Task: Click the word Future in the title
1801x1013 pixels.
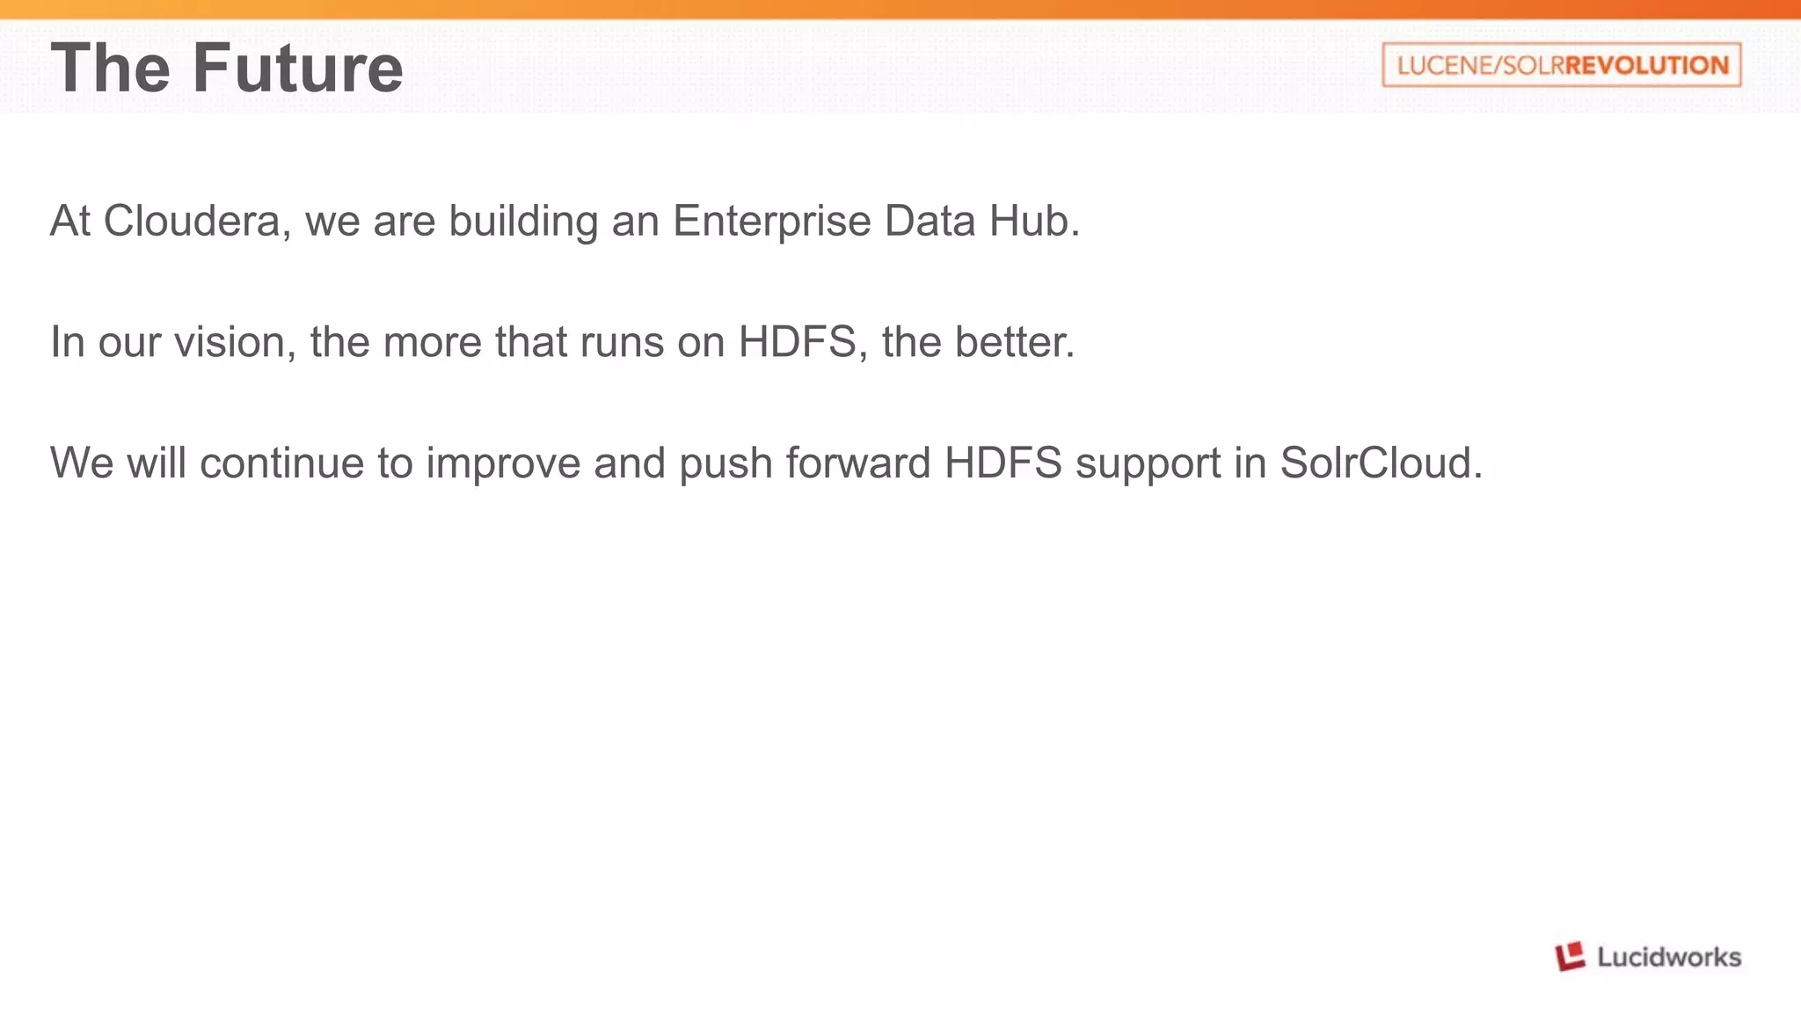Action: click(x=297, y=68)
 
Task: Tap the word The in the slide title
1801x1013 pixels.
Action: click(x=110, y=68)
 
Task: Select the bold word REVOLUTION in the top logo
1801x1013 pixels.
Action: click(x=1647, y=65)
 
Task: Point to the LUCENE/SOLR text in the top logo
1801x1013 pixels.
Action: click(x=1480, y=65)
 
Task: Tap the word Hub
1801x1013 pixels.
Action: click(x=1033, y=221)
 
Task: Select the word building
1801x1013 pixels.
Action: click(x=523, y=221)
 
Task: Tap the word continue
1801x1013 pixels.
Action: click(x=281, y=463)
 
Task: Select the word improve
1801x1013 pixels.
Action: click(x=503, y=463)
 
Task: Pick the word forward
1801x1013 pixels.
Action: click(x=857, y=463)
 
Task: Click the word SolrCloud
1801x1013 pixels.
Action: click(x=1381, y=463)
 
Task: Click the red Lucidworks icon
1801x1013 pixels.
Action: click(x=1570, y=957)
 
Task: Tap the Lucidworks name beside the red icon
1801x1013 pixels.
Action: click(x=1668, y=957)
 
